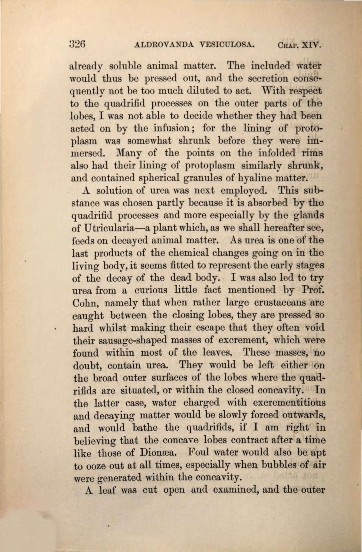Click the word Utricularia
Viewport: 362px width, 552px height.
(x=113, y=229)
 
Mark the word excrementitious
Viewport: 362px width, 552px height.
(x=289, y=403)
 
